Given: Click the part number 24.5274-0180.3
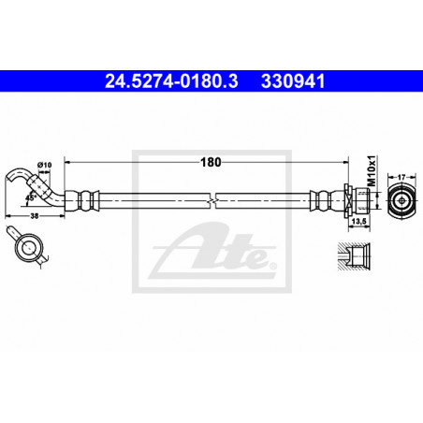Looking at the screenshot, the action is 171,81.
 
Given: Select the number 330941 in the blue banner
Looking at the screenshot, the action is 293,81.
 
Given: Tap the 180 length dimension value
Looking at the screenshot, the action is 211,162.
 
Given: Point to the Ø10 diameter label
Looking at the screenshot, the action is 44,165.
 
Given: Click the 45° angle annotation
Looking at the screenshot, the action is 31,197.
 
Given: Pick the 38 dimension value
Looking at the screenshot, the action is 35,216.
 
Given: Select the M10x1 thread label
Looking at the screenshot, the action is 372,171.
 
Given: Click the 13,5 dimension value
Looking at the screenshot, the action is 358,221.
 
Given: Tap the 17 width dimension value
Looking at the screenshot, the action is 401,177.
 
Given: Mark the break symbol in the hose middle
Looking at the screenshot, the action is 213,200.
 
